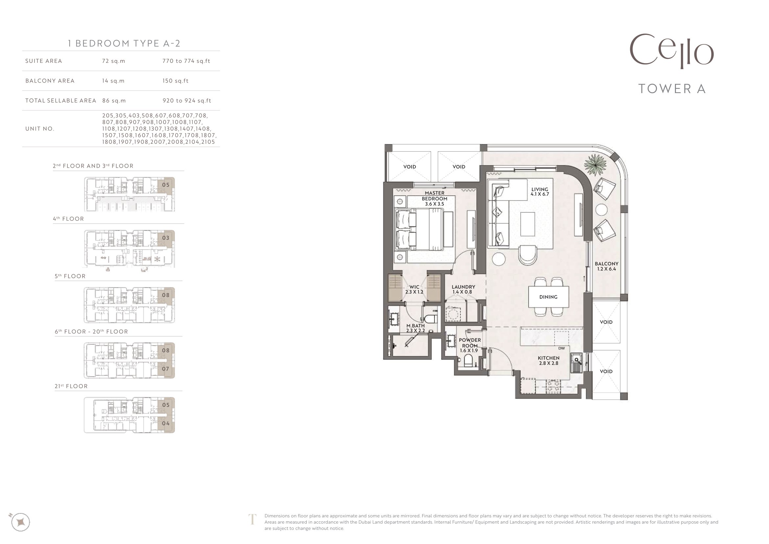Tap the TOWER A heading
click(672, 89)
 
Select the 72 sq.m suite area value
click(113, 61)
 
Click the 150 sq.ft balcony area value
click(176, 81)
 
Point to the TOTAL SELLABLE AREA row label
click(60, 101)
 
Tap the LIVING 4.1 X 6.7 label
click(540, 192)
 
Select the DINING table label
click(548, 297)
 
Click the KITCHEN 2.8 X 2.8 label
click(549, 360)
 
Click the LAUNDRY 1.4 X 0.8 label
click(463, 289)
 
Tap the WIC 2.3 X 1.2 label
click(414, 289)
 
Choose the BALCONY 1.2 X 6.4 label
click(607, 266)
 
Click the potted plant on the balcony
click(595, 164)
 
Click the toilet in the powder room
click(468, 361)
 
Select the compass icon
click(20, 522)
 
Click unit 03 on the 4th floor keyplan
click(166, 238)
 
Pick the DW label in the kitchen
click(562, 348)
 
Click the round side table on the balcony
click(601, 210)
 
